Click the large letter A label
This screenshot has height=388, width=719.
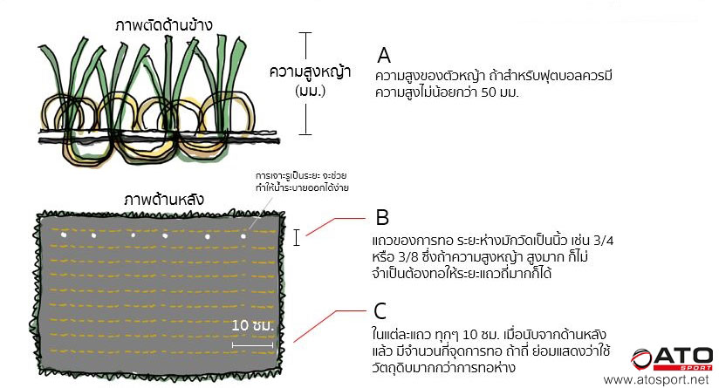pos(384,55)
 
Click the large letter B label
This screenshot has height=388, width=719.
pos(382,216)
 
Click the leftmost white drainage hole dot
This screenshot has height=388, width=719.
pos(63,235)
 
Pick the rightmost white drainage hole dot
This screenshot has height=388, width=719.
pos(244,235)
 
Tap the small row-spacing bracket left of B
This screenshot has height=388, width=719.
pos(298,237)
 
